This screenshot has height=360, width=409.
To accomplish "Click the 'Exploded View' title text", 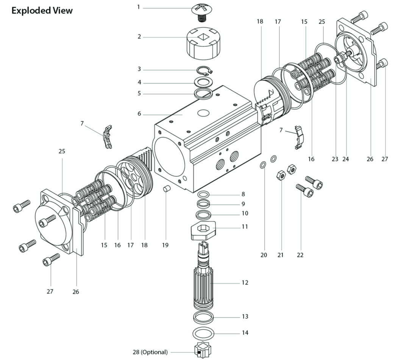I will click(x=42, y=11).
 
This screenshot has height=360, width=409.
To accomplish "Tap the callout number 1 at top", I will click(x=138, y=7).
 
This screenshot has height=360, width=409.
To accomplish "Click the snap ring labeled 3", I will click(x=205, y=70).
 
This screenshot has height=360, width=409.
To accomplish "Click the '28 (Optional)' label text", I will click(x=150, y=352).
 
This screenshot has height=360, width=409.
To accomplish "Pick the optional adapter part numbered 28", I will click(x=204, y=352).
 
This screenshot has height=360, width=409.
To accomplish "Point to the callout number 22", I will click(x=300, y=255).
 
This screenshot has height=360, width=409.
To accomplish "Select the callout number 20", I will click(x=264, y=255).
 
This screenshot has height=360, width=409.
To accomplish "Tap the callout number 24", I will click(x=345, y=159).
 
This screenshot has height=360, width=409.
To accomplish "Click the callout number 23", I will click(x=335, y=159).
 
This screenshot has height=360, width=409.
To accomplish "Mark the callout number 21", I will click(x=280, y=255).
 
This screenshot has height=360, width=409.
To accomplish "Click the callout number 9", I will click(x=243, y=204).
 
